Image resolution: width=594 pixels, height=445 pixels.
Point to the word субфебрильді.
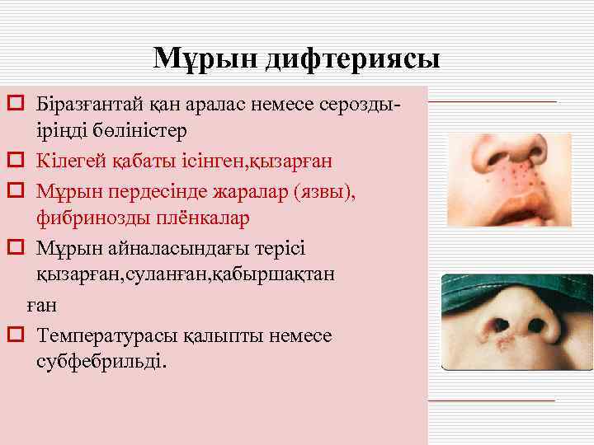101,361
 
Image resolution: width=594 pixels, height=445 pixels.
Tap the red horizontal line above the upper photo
493,101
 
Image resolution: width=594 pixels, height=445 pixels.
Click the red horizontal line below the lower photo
493,400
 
